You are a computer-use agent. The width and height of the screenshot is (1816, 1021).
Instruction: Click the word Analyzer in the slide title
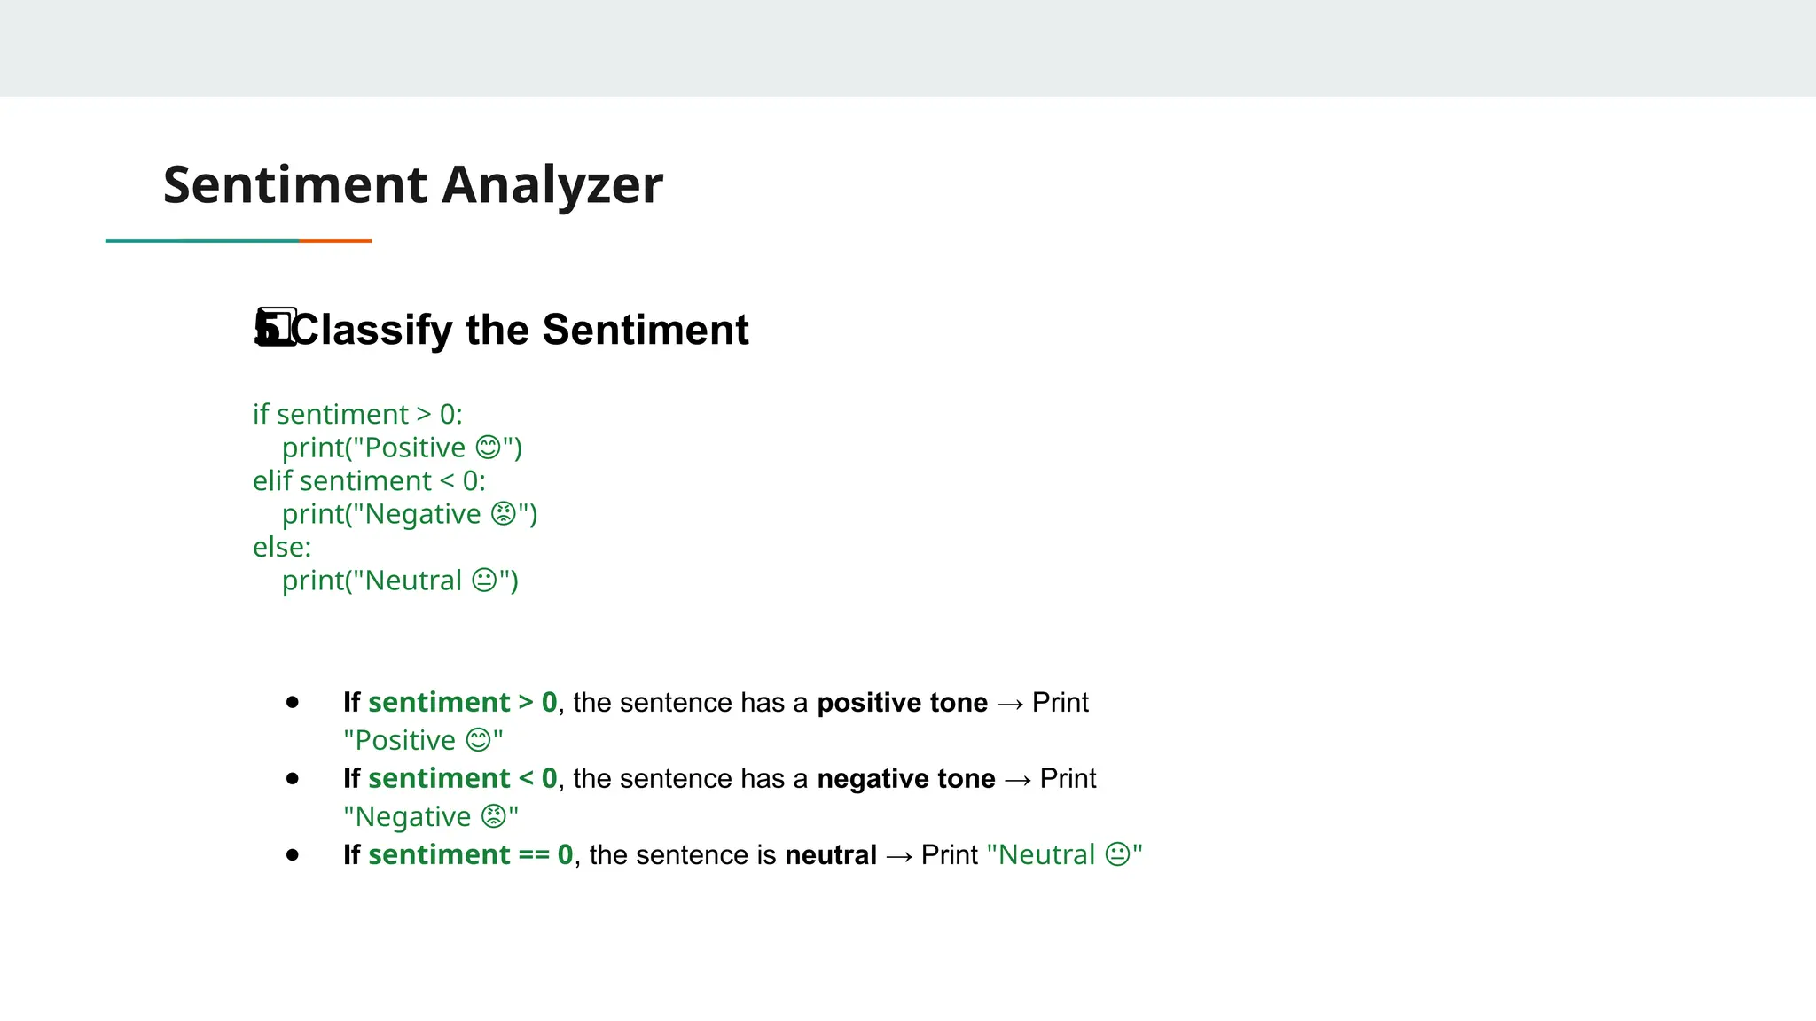(x=552, y=185)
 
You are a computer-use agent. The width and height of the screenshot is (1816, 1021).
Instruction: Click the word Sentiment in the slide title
(x=295, y=185)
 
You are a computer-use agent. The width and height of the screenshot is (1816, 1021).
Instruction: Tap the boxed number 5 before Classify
(x=276, y=328)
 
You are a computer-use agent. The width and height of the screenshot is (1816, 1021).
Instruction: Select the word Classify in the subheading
(x=372, y=331)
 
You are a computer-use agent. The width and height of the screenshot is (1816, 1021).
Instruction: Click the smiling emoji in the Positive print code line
(x=489, y=448)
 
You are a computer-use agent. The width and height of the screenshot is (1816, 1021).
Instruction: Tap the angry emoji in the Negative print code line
(x=503, y=514)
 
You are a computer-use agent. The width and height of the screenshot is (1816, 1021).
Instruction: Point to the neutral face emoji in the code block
(x=484, y=581)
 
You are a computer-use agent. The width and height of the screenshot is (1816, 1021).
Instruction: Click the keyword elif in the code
(x=272, y=480)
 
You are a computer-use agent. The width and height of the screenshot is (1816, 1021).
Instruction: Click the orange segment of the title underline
(x=335, y=240)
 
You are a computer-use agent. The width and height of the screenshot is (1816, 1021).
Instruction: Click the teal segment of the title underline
(x=202, y=240)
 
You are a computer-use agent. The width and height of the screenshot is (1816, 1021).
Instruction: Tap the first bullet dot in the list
(x=293, y=703)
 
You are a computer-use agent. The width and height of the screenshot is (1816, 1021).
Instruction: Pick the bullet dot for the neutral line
(x=293, y=855)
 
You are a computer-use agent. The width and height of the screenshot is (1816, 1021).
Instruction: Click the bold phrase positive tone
(x=902, y=703)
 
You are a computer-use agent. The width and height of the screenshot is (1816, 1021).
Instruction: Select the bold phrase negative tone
(x=905, y=779)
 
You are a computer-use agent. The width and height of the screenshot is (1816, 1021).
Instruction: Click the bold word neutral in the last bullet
(x=831, y=855)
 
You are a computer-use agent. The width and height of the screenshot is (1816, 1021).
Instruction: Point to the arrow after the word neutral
(x=899, y=856)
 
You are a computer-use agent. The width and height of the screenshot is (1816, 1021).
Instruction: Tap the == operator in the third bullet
(x=534, y=855)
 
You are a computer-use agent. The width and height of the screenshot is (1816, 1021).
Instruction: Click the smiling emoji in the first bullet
(x=478, y=740)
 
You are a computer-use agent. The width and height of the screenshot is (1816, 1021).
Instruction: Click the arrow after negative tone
(x=1018, y=780)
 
